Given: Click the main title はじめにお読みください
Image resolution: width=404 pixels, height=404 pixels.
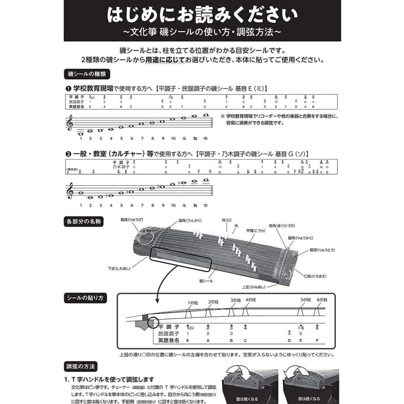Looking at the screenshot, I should (x=202, y=15).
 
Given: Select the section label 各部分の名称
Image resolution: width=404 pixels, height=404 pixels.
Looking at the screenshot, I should (x=84, y=221).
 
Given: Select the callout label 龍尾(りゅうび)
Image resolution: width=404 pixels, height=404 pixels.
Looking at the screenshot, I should (x=132, y=220).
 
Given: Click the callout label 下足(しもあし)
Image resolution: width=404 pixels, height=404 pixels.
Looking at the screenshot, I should (x=118, y=268).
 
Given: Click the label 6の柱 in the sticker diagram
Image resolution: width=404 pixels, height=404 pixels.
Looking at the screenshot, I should (x=322, y=299).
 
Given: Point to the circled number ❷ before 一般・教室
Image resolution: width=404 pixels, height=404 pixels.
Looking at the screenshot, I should (x=68, y=154).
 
